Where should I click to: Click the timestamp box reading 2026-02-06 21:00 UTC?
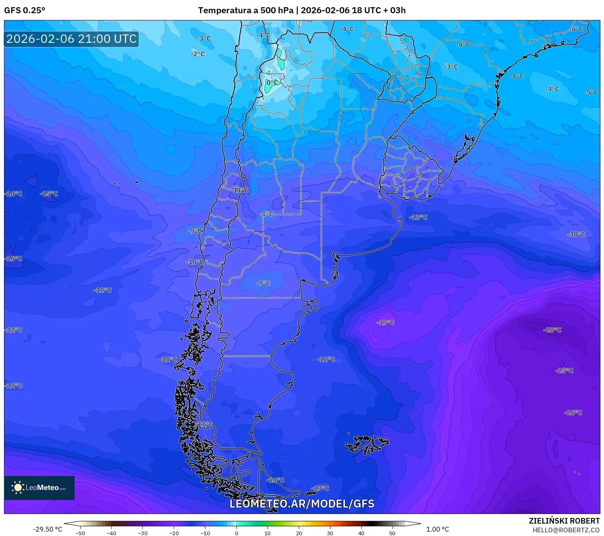pos(71,39)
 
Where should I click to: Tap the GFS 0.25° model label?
pos(24,10)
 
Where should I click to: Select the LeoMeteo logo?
pos(39,488)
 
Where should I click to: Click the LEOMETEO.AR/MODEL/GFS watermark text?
pos(302,504)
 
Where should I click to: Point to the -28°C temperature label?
pos(552,330)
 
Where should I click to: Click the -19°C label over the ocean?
pos(385,322)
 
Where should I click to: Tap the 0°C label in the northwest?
pos(272,83)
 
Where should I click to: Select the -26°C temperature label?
pos(573,412)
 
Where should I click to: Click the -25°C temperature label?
pos(564,371)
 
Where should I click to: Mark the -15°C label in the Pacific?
pos(49,193)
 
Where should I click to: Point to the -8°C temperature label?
pos(266,214)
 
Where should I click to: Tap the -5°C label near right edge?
pos(591,92)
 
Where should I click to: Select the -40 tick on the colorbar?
pos(111,533)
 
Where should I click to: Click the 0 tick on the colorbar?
pos(236,533)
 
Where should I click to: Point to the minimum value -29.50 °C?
pos(47,529)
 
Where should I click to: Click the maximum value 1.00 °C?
pos(438,529)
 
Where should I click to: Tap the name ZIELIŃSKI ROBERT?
pos(564,521)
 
